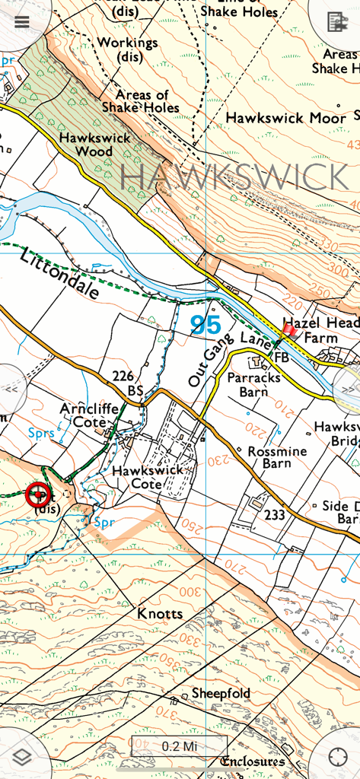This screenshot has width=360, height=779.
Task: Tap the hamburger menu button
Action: (x=21, y=21)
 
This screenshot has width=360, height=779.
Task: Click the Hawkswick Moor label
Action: (x=285, y=118)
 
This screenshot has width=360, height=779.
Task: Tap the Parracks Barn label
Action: (x=254, y=384)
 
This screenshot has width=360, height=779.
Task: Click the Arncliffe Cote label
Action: (x=89, y=415)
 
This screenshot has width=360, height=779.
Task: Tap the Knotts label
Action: (x=160, y=613)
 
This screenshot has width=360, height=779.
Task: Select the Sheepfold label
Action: (x=221, y=693)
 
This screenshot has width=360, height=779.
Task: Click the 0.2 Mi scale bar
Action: (x=180, y=746)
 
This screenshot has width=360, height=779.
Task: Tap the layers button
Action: (x=21, y=758)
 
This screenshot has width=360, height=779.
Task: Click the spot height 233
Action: (x=275, y=515)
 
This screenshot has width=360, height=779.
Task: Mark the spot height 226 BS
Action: (x=127, y=382)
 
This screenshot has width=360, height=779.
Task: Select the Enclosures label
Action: (x=253, y=762)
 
